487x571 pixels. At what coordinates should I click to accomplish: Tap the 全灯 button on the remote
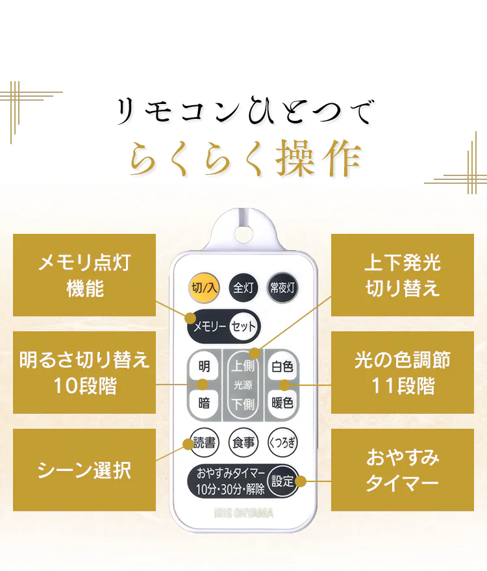click(x=243, y=287)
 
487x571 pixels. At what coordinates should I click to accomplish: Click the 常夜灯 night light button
click(x=282, y=287)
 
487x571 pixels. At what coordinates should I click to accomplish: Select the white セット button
click(x=243, y=326)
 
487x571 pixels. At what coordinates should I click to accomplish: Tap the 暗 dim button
click(x=204, y=402)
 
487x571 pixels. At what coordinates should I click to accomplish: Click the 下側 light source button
click(x=243, y=402)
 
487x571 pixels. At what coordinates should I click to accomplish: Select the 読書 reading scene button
click(x=204, y=443)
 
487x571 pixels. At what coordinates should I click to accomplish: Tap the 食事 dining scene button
click(x=243, y=443)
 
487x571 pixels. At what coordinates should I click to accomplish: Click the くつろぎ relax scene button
click(x=282, y=443)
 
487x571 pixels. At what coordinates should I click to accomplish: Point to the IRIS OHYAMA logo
click(x=243, y=513)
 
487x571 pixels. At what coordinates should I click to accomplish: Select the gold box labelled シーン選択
click(x=84, y=470)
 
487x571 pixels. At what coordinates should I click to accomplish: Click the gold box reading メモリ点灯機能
click(x=84, y=275)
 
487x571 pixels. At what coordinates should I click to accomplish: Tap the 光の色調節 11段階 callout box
click(x=403, y=372)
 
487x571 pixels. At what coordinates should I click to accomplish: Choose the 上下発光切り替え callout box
click(x=403, y=275)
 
